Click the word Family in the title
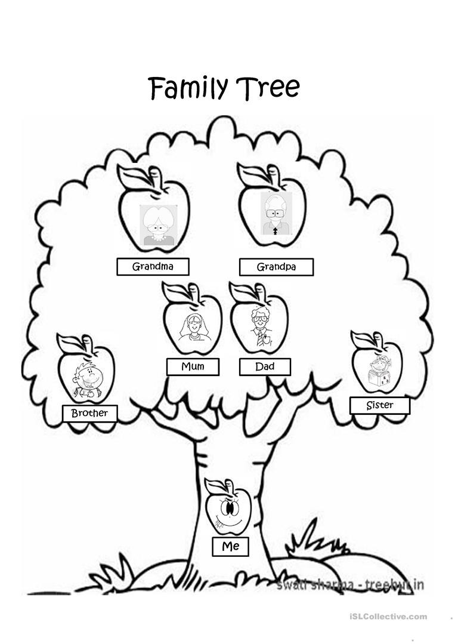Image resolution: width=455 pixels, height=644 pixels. (x=188, y=88)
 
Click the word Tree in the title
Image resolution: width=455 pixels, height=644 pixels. (x=268, y=87)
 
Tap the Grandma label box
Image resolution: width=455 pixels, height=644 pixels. (x=153, y=267)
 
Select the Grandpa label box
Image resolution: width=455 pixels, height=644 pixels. (x=276, y=267)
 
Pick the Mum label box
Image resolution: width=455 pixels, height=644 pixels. (x=193, y=366)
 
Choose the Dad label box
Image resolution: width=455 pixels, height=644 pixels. (x=265, y=366)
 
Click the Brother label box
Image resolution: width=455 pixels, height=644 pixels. (x=89, y=413)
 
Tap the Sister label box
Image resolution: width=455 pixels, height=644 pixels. (x=379, y=406)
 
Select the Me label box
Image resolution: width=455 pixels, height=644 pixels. (x=230, y=546)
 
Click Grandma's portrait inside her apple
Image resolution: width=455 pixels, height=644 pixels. (x=157, y=226)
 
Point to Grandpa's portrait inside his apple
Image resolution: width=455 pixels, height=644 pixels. (x=276, y=213)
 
